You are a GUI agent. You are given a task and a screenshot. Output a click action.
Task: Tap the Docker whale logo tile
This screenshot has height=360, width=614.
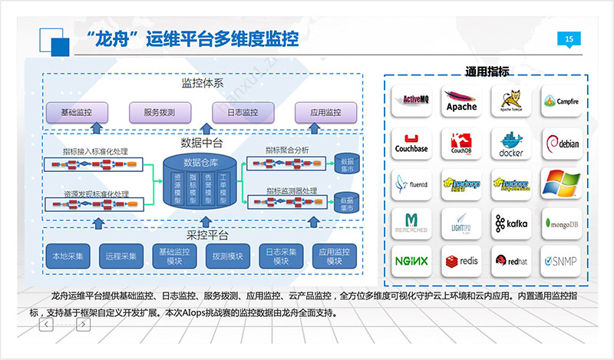(511, 143)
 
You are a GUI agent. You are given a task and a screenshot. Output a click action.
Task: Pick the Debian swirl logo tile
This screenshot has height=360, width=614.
(561, 143)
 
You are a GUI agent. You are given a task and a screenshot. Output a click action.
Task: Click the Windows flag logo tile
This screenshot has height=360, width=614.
(561, 183)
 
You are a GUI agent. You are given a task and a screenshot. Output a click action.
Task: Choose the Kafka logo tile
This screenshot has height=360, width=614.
(511, 223)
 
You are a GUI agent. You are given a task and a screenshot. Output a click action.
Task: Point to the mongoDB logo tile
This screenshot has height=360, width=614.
(561, 223)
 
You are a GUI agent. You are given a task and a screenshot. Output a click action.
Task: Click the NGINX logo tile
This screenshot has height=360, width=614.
(411, 260)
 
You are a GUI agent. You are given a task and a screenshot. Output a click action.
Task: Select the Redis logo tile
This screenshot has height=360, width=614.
(461, 260)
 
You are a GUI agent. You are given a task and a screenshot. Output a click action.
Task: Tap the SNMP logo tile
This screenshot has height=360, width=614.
(561, 260)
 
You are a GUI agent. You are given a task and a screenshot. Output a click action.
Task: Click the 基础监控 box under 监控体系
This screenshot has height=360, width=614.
(77, 112)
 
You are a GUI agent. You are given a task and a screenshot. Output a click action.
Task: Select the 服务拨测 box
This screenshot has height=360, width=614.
(159, 112)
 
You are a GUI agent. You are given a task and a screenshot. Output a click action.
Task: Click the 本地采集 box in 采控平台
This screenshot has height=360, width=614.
(69, 256)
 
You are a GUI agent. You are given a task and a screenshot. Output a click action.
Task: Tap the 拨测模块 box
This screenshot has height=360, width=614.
(228, 256)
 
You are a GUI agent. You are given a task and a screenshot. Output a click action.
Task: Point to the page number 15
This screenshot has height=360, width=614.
(569, 39)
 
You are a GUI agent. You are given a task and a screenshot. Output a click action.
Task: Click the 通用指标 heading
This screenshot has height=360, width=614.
(487, 72)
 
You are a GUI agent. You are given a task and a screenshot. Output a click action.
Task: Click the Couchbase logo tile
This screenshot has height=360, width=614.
(411, 143)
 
